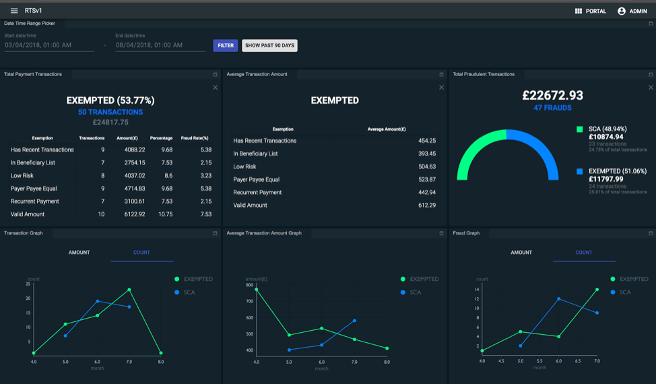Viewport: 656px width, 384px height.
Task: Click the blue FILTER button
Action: click(x=226, y=46)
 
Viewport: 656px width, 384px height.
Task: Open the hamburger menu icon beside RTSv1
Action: click(x=14, y=11)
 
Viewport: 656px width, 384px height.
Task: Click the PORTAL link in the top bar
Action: click(x=591, y=11)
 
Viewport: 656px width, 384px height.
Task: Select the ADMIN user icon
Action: click(x=622, y=11)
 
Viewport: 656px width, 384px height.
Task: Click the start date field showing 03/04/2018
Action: click(x=49, y=46)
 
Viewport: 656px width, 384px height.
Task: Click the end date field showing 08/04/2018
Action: click(x=160, y=46)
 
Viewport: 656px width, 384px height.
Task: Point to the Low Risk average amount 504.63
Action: click(x=427, y=166)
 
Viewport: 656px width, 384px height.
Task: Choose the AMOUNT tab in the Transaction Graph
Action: click(x=79, y=253)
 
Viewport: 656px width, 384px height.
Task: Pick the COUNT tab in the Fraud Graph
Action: click(x=583, y=253)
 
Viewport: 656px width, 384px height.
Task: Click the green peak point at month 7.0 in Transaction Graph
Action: click(x=129, y=290)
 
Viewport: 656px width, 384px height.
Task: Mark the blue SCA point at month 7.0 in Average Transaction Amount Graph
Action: click(x=354, y=321)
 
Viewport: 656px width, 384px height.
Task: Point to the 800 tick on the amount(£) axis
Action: click(x=249, y=285)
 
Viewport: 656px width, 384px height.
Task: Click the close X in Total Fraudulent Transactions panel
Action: click(x=651, y=88)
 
